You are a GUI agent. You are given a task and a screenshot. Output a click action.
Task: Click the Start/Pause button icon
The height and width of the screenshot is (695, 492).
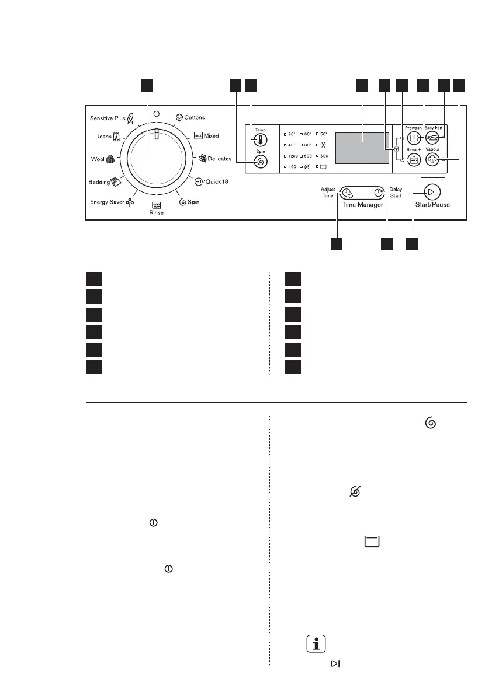(432, 192)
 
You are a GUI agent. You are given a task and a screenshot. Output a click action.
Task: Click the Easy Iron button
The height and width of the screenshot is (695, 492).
(432, 138)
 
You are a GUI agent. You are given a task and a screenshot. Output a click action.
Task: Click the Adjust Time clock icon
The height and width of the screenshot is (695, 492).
(347, 194)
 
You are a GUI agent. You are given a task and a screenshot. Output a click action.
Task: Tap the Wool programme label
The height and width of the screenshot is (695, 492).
(97, 158)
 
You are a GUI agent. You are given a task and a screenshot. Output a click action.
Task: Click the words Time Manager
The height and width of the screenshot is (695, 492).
(363, 205)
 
